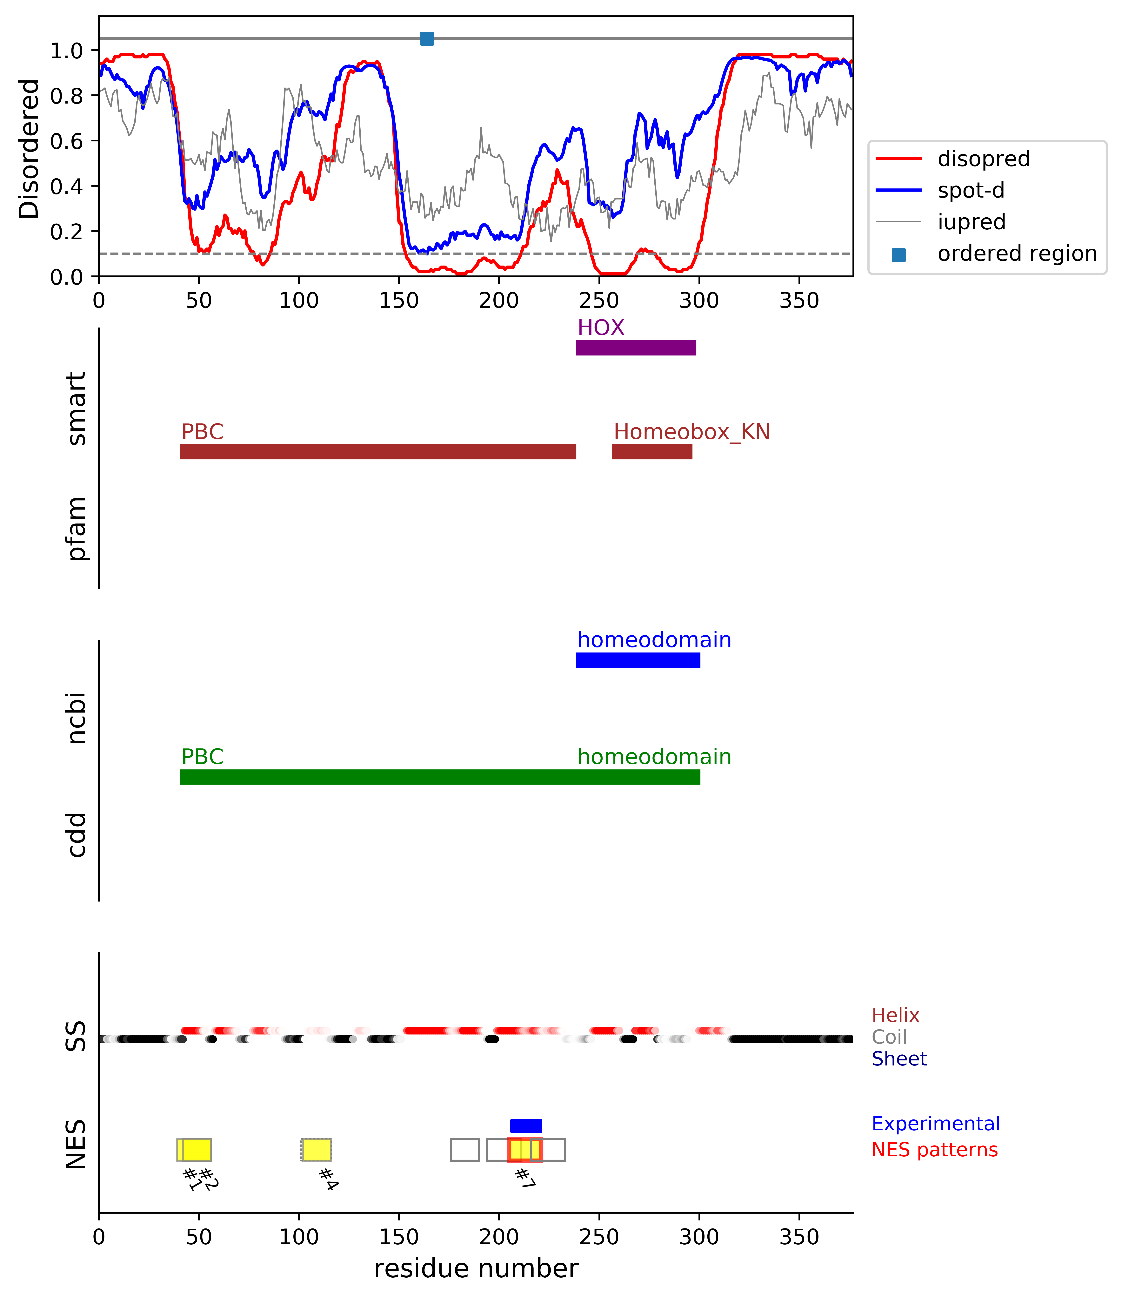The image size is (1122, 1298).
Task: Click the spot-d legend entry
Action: [971, 190]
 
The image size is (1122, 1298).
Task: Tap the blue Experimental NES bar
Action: [526, 1126]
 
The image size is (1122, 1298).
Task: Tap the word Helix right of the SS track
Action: [895, 1016]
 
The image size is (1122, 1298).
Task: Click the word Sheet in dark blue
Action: [899, 1059]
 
